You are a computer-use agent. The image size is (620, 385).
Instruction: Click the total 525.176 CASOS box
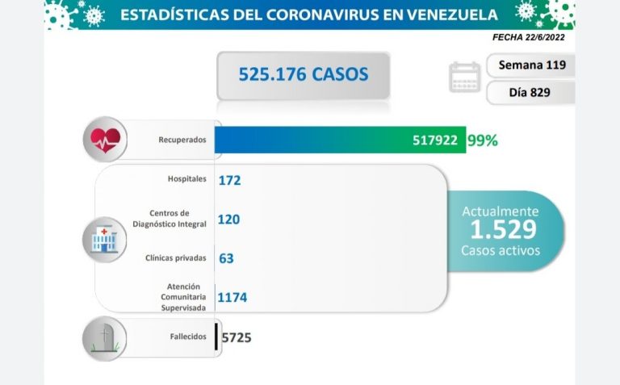pos(303,75)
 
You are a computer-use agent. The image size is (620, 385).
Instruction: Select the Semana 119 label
pos(532,65)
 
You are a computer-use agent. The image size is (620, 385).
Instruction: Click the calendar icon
pos(464,77)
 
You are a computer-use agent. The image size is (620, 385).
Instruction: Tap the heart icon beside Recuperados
pos(105,140)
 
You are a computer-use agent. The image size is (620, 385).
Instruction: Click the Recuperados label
pos(182,140)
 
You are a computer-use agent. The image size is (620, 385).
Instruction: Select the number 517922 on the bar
pos(435,140)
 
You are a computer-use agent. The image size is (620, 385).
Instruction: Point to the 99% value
pos(483,140)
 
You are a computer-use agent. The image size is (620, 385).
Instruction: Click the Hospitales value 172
pos(229,180)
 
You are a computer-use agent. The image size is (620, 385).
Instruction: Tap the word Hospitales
pos(188,178)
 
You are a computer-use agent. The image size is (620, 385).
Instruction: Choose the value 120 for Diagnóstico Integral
pos(228,219)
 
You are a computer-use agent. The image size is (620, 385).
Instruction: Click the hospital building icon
pos(104,239)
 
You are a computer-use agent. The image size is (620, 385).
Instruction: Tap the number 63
pos(226,258)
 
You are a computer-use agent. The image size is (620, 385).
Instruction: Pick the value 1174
pos(232,298)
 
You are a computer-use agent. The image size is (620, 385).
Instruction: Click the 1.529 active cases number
pos(502,230)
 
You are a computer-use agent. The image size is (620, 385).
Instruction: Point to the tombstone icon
pos(104,337)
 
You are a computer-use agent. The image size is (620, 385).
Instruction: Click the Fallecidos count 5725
pos(236,337)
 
